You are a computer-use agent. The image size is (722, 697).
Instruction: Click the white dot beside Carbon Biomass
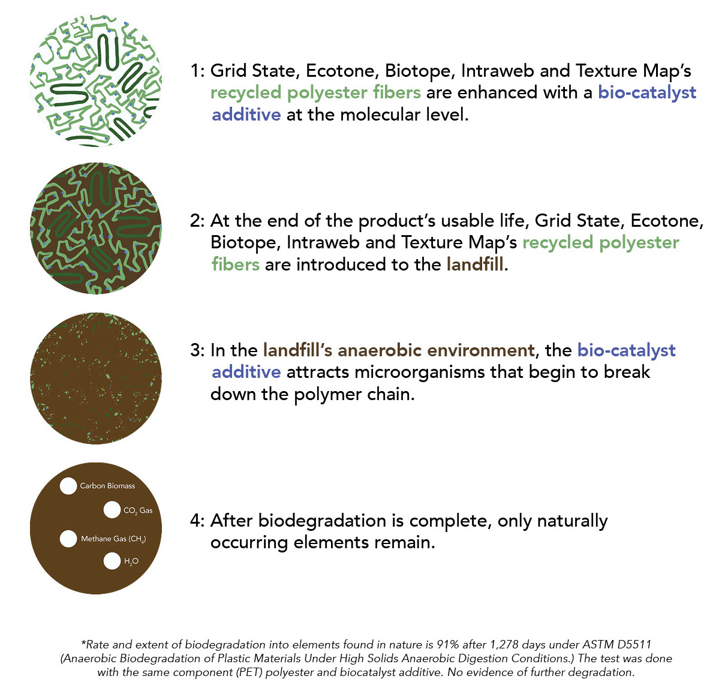point(68,485)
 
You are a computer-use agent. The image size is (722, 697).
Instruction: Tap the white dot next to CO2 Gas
point(112,510)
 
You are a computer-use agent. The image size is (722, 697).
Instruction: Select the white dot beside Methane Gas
point(68,538)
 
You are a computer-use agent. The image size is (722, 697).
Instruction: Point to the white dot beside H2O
point(112,560)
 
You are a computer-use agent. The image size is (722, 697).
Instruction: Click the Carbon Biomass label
point(107,485)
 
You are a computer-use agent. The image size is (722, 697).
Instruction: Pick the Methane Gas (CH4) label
point(113,539)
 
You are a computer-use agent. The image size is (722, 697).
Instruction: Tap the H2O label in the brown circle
point(131,561)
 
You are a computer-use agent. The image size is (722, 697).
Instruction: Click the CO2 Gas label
point(138,510)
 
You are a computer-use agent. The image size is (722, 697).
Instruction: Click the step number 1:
point(198,71)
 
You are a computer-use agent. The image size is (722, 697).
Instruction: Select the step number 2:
point(197,221)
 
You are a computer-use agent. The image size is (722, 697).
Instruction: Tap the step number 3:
point(197,350)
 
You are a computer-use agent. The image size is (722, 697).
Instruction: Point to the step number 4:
point(197,520)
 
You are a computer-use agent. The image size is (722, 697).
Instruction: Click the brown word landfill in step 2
point(475,265)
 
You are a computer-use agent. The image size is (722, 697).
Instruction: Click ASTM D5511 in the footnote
point(616,644)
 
